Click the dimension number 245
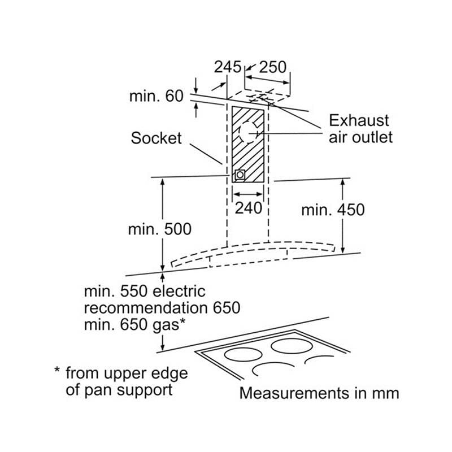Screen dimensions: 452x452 (x=228, y=67)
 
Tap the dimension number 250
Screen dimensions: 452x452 (x=273, y=67)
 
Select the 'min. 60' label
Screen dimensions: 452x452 (x=157, y=95)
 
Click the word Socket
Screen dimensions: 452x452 (x=157, y=138)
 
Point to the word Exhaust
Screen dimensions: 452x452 (x=359, y=120)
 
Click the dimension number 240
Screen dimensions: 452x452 (x=248, y=208)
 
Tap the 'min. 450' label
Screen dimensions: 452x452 (x=333, y=210)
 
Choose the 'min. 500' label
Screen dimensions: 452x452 (x=160, y=229)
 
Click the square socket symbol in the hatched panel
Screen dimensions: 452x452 (x=240, y=175)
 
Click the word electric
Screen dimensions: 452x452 (x=179, y=291)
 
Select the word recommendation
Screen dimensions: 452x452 (x=146, y=307)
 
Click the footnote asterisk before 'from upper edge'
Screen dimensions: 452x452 (x=57, y=370)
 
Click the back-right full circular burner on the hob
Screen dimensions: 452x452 (x=292, y=346)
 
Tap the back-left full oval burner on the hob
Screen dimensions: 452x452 (x=244, y=355)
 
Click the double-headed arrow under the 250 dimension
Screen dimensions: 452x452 (x=267, y=80)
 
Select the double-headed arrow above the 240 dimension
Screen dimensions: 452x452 (x=248, y=194)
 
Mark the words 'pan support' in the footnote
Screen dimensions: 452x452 (x=128, y=390)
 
